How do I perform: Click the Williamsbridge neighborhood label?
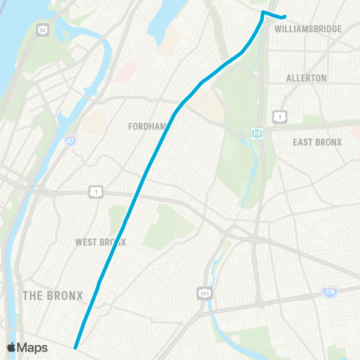tap(308, 28)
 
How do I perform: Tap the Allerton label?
tap(306, 78)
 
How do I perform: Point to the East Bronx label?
tap(317, 142)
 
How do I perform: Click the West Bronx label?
tap(100, 242)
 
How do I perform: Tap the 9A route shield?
tap(42, 30)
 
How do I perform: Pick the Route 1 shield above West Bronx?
tap(95, 193)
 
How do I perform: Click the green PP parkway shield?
tap(256, 133)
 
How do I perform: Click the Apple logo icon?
tap(12, 347)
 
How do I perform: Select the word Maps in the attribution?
tap(33, 347)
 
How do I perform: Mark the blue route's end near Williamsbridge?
tap(285, 17)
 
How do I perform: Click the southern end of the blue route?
tap(75, 346)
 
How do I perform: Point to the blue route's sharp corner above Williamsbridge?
tap(262, 12)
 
